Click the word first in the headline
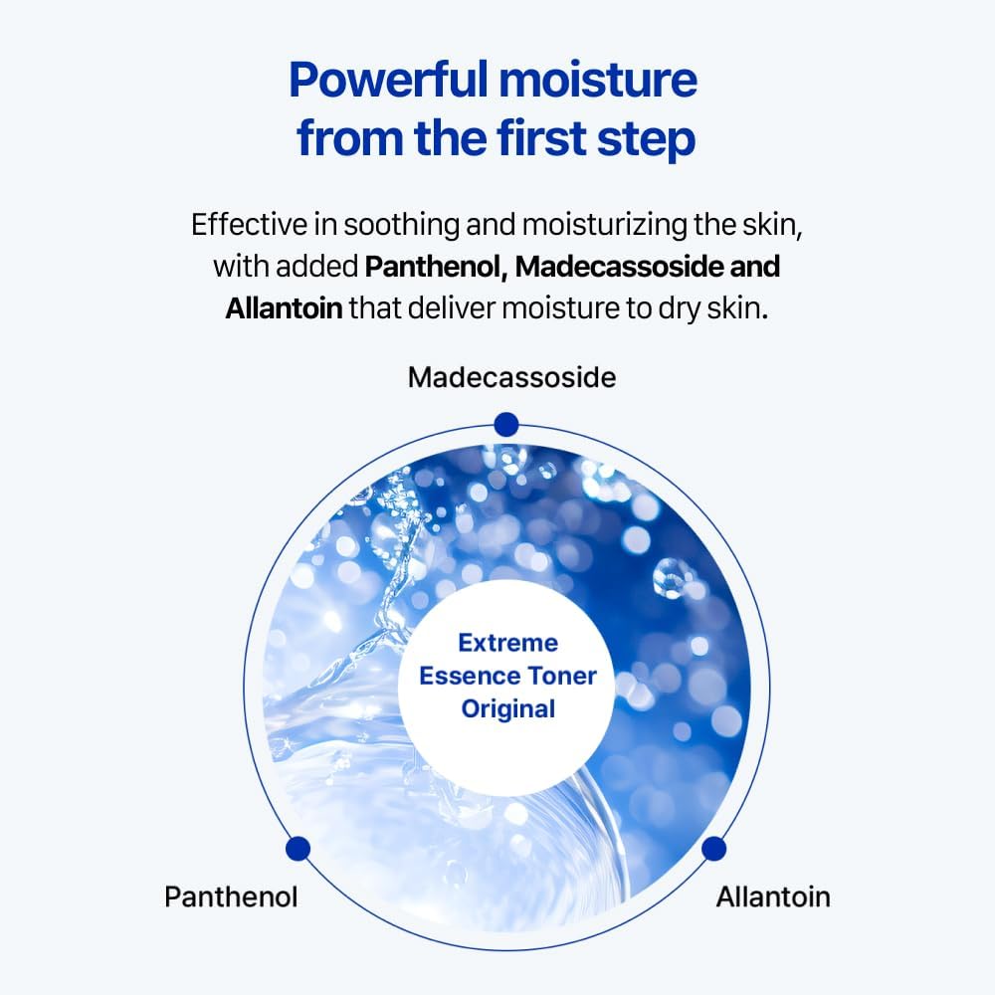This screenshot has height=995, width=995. tap(533, 138)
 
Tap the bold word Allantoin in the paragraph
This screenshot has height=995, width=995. tap(284, 308)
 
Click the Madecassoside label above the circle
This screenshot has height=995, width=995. tap(511, 378)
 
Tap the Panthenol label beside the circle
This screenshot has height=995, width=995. tap(231, 896)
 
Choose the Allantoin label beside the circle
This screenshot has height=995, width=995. tap(772, 896)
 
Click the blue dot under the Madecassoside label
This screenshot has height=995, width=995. tap(506, 424)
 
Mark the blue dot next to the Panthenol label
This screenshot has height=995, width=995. tap(298, 849)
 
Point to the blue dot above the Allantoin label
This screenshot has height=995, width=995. tap(713, 849)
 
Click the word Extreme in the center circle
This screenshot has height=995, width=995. tap(507, 643)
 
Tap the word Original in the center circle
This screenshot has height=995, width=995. tap(507, 708)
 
